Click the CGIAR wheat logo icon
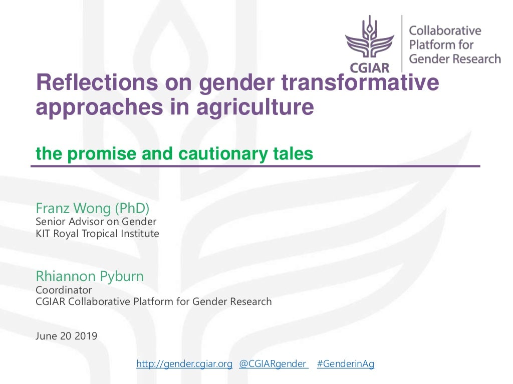(x=370, y=39)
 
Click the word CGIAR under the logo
(x=370, y=66)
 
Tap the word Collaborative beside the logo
(x=445, y=30)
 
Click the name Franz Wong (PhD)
(x=93, y=207)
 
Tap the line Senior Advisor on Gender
(x=96, y=221)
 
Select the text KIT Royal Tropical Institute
(x=97, y=233)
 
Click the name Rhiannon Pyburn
(x=90, y=276)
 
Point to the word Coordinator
(x=64, y=289)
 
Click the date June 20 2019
(x=67, y=336)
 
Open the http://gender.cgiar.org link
(x=184, y=364)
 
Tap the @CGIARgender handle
(x=273, y=364)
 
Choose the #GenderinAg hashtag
(x=346, y=364)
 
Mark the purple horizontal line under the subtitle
(x=255, y=166)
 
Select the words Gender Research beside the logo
(x=455, y=59)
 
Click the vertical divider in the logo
(x=402, y=42)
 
